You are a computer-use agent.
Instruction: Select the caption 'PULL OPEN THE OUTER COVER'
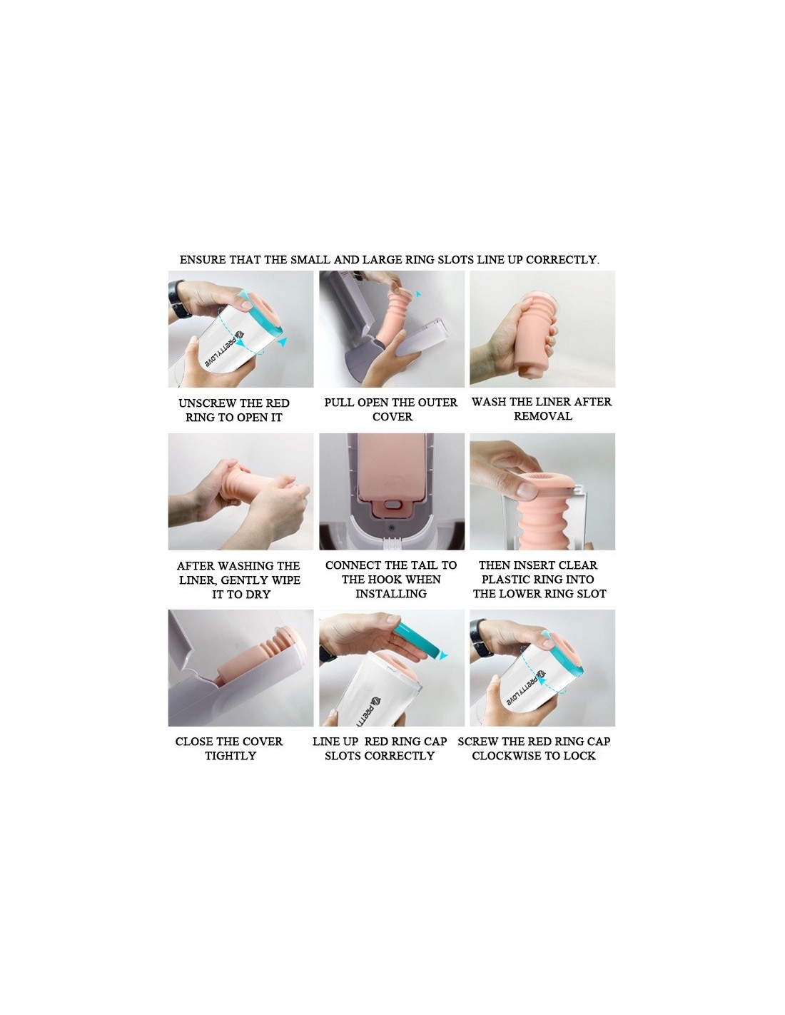pyautogui.click(x=391, y=409)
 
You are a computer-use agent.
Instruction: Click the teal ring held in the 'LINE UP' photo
pyautogui.click(x=417, y=641)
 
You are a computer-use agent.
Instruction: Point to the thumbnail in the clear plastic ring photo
pyautogui.click(x=527, y=491)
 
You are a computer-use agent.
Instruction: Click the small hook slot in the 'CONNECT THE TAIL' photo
pyautogui.click(x=391, y=505)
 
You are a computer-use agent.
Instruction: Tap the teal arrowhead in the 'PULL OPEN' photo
pyautogui.click(x=418, y=294)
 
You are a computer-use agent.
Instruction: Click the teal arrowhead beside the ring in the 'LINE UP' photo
pyautogui.click(x=442, y=656)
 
